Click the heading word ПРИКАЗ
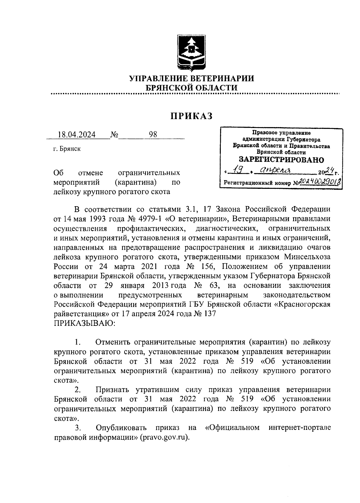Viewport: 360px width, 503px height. [191, 116]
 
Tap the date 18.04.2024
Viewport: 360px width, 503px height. [77, 135]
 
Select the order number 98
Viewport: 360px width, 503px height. [153, 135]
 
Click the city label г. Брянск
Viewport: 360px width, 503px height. [67, 149]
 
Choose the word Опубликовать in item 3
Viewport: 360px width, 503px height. [121, 428]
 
